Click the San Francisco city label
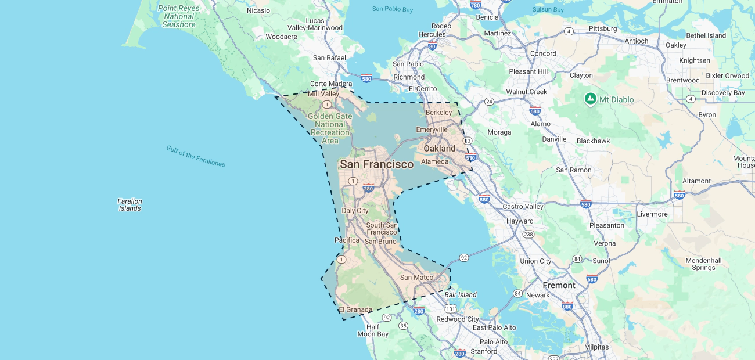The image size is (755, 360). click(x=376, y=164)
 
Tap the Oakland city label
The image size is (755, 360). click(x=440, y=149)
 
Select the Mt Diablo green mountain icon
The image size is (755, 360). click(x=591, y=99)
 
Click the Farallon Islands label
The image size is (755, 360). click(x=130, y=204)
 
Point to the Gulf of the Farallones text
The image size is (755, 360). click(x=196, y=156)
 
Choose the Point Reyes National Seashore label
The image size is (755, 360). click(x=179, y=16)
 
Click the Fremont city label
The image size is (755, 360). click(x=559, y=285)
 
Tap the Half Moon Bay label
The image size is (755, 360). click(x=373, y=330)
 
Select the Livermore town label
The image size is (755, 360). click(x=652, y=214)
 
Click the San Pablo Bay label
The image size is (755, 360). click(x=393, y=9)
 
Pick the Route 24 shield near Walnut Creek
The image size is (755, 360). click(x=489, y=102)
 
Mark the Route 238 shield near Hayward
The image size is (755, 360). click(x=528, y=234)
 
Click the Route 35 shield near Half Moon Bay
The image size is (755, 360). click(x=403, y=326)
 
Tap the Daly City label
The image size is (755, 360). click(x=355, y=211)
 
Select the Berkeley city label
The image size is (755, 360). click(x=438, y=112)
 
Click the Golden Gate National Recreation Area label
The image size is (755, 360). click(x=330, y=128)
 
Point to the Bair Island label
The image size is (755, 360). click(x=461, y=295)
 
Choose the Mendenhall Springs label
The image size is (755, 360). click(x=703, y=264)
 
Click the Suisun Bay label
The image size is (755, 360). click(x=549, y=10)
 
